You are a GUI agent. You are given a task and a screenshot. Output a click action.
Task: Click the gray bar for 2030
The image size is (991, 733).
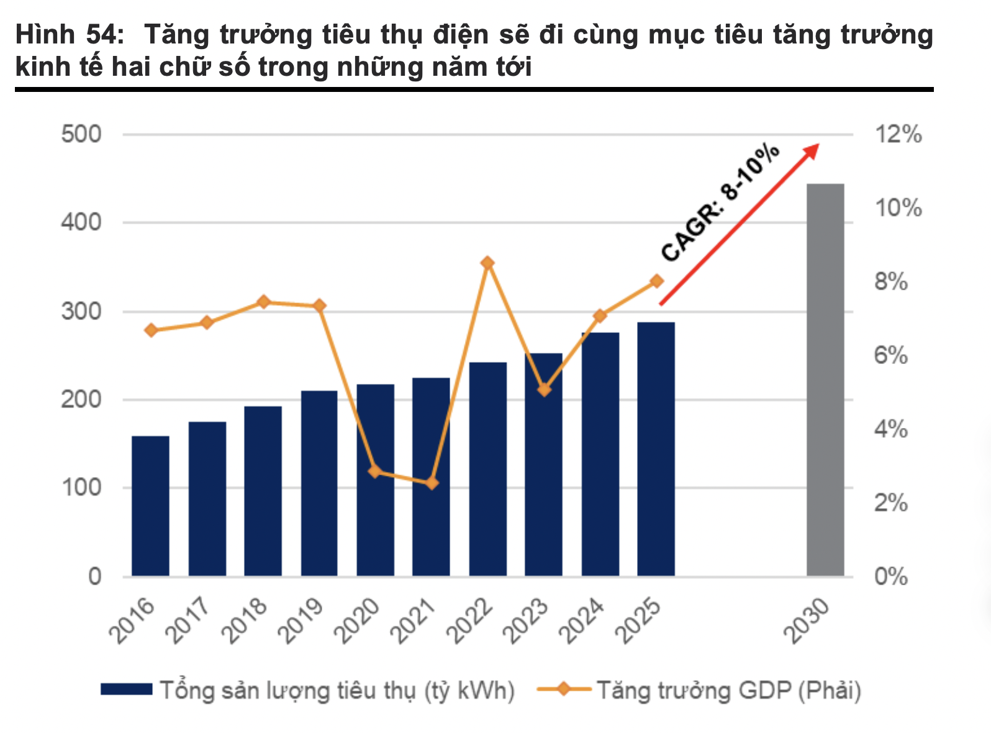click(x=825, y=380)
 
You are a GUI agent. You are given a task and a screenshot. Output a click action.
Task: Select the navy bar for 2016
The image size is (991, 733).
click(x=150, y=506)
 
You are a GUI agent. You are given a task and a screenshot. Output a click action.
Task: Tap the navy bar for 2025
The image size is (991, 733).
click(x=656, y=448)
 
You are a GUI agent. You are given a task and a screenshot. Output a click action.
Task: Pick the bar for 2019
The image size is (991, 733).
click(x=319, y=483)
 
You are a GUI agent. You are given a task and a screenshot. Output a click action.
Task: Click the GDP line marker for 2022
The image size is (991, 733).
click(x=487, y=263)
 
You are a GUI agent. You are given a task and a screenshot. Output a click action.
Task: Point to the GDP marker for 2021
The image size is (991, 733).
click(x=432, y=483)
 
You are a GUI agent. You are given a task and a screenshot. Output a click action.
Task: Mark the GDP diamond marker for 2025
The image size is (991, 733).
click(x=656, y=281)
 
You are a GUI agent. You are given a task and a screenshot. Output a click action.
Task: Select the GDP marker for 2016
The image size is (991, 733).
click(x=151, y=330)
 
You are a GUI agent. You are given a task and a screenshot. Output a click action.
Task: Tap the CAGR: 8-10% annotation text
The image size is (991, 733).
click(x=720, y=203)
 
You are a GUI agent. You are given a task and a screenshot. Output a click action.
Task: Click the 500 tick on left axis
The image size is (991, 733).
click(x=81, y=134)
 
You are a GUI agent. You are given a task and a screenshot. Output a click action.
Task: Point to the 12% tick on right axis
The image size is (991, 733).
click(x=898, y=134)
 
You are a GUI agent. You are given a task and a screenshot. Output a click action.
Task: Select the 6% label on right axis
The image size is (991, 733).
click(x=890, y=355)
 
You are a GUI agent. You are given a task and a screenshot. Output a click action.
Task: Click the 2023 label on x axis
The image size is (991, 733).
click(x=527, y=621)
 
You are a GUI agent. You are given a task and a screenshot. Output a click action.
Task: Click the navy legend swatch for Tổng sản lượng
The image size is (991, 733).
click(x=126, y=690)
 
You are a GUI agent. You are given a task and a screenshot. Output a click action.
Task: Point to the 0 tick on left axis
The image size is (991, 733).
click(x=94, y=576)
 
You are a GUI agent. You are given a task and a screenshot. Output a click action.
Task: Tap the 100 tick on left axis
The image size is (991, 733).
click(x=81, y=488)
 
